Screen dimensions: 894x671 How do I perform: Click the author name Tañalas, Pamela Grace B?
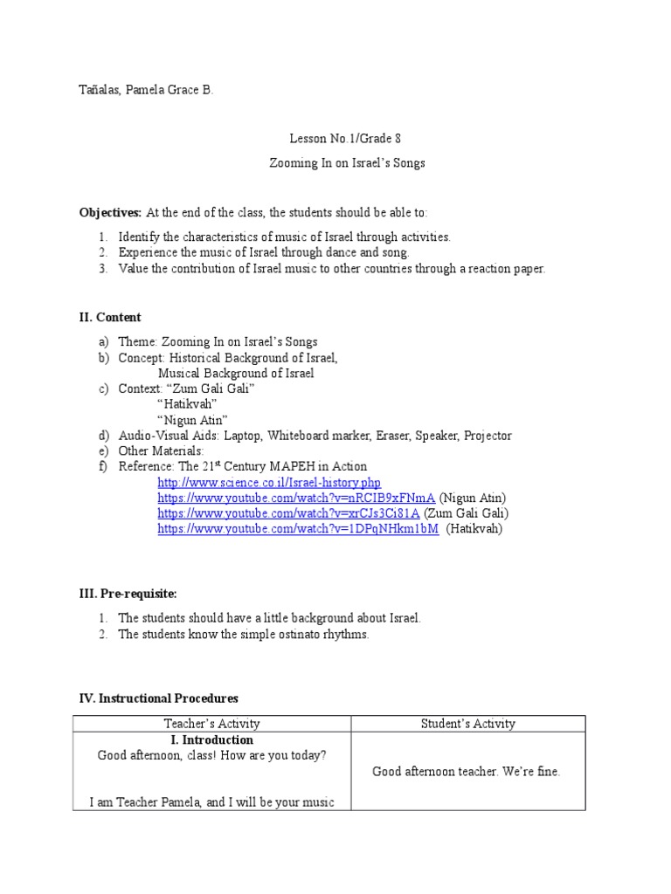click(146, 90)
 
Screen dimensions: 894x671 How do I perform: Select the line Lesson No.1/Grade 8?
click(345, 138)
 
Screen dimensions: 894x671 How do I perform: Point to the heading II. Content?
click(110, 317)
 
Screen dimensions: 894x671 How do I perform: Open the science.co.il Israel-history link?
click(269, 482)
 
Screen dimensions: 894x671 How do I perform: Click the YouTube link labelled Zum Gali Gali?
click(288, 513)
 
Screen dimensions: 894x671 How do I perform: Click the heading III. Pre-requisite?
click(128, 594)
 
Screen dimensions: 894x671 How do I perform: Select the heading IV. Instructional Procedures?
click(159, 698)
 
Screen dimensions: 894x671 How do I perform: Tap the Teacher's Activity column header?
click(212, 724)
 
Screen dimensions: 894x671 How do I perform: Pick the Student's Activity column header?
click(468, 724)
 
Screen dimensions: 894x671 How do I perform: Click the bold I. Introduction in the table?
click(212, 739)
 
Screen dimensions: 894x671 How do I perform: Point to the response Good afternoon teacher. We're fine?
click(467, 771)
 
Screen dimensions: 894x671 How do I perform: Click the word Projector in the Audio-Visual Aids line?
click(488, 436)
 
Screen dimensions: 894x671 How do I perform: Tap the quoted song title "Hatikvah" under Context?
click(187, 404)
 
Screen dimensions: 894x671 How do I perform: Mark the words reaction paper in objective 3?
click(507, 268)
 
